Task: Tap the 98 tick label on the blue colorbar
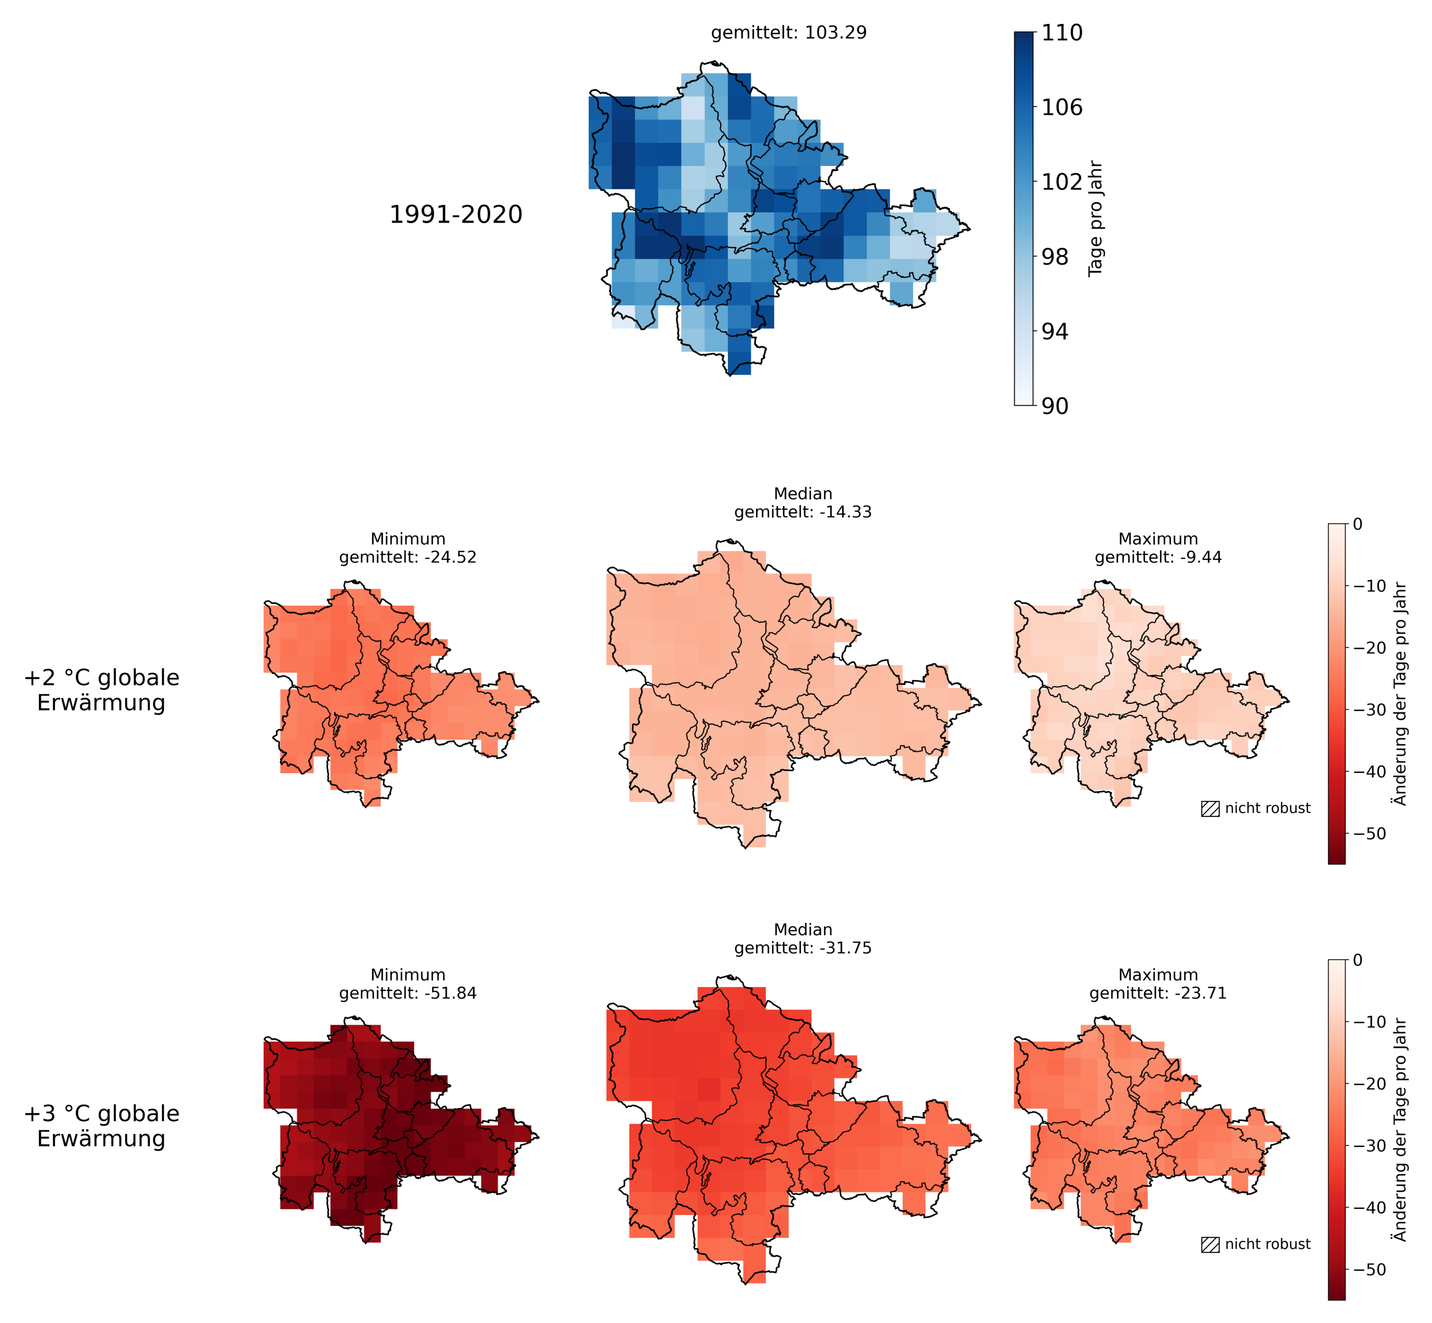[x=1054, y=256]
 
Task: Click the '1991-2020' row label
[x=456, y=215]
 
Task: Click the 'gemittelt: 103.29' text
[x=789, y=33]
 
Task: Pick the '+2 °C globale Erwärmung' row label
[x=102, y=690]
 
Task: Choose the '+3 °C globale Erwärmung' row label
[x=102, y=1126]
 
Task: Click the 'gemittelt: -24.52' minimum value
[x=408, y=557]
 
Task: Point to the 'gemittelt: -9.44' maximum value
[x=1158, y=557]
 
